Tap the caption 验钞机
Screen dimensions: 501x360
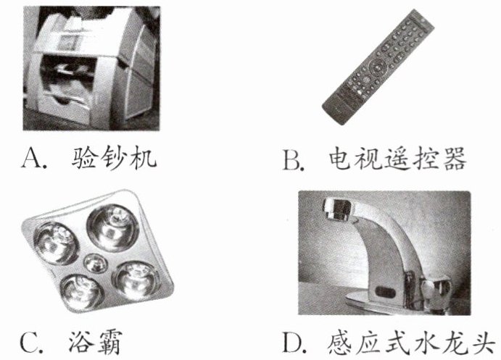coord(114,159)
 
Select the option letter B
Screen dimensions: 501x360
coord(292,159)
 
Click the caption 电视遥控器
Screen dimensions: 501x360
coord(397,159)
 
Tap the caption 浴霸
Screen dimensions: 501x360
coord(95,342)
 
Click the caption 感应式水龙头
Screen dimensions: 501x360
coord(412,342)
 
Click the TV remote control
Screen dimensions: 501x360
coord(378,67)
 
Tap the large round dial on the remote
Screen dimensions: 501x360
coord(377,67)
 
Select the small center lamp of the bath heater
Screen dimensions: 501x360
coord(95,263)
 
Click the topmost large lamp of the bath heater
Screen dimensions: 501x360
coord(113,227)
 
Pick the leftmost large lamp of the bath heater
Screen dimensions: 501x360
coord(57,243)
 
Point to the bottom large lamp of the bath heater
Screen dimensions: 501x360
coord(82,293)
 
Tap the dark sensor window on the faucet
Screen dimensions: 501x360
coord(386,291)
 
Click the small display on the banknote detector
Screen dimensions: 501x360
coord(68,41)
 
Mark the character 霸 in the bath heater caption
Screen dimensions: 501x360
coord(109,342)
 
